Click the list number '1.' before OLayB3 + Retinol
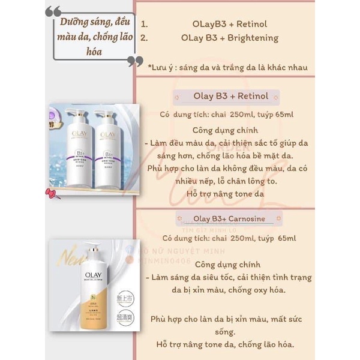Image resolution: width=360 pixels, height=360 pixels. (x=144, y=25)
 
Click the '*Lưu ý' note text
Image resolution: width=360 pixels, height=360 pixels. (x=161, y=67)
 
